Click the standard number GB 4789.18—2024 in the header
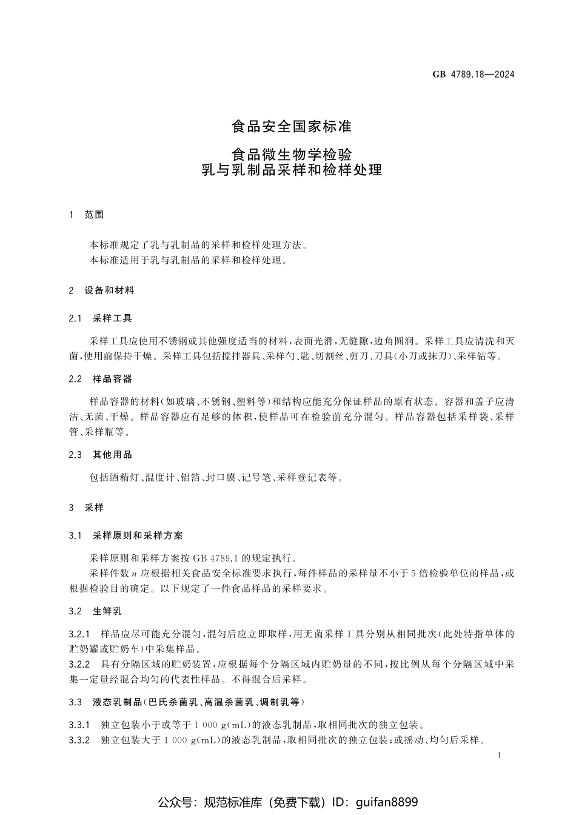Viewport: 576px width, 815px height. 473,75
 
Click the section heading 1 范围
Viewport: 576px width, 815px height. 87,215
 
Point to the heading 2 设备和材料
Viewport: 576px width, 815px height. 101,290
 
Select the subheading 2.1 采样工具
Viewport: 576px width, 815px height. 101,318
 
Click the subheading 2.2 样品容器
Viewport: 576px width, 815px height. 101,379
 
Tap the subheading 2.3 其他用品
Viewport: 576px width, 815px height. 101,455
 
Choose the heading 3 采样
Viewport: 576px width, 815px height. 87,508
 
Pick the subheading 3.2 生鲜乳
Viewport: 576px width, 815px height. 96,611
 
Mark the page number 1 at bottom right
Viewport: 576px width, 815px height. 498,756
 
